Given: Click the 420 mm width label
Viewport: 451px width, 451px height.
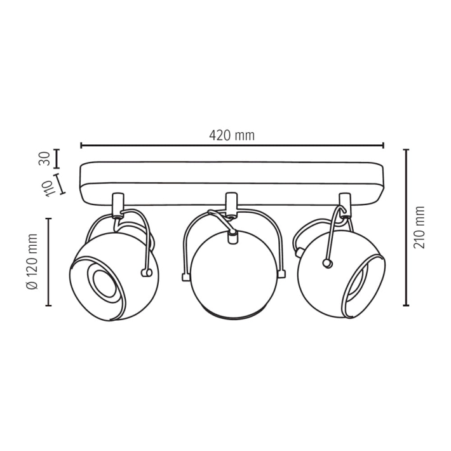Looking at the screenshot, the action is [232, 135].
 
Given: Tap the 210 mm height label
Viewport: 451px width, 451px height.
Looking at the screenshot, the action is [419, 227].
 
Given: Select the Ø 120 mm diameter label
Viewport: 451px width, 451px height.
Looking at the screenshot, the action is [32, 262].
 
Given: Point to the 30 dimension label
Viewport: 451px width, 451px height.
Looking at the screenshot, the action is [44, 158].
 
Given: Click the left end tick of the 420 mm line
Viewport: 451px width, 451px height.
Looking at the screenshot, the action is [81, 145].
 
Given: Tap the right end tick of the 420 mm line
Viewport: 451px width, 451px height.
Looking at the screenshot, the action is [383, 145].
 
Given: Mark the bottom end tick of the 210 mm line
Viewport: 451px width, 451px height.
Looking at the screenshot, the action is [406, 305].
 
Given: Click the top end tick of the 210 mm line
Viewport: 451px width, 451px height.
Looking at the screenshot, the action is [406, 150].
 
